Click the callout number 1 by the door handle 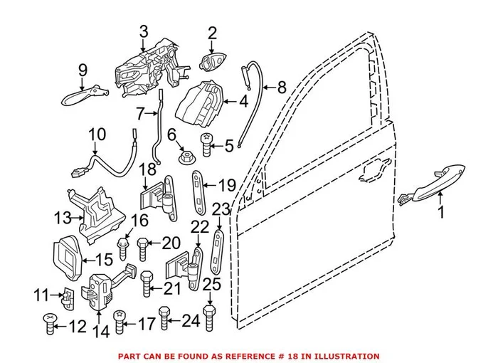[440, 212]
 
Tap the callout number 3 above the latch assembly [144, 31]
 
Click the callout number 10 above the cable [97, 134]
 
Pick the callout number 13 [62, 217]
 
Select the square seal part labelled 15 [70, 253]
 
